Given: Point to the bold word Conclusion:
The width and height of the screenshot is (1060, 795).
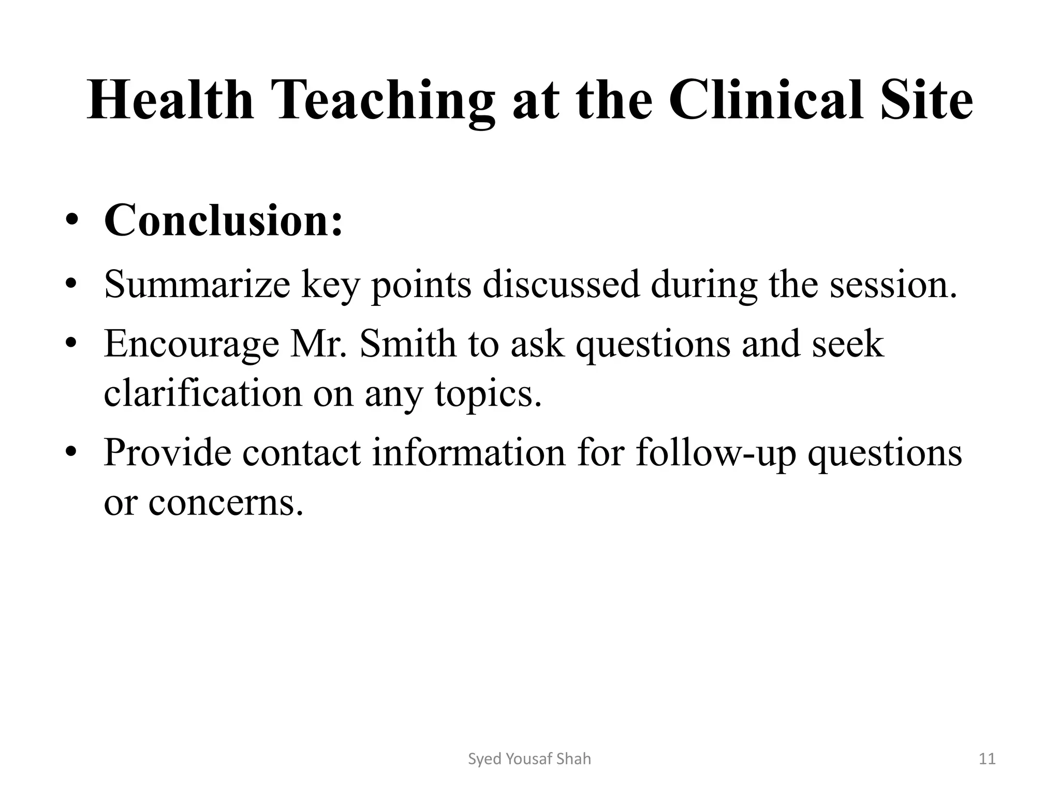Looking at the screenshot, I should pos(223,220).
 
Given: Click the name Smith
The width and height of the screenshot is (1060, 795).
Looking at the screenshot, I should pos(407,344).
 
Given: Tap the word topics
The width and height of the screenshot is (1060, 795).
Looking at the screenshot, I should pos(488,393).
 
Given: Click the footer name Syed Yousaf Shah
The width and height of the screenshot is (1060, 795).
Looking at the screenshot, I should pos(529,759).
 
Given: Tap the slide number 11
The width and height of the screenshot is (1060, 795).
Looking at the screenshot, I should pos(988,759).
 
